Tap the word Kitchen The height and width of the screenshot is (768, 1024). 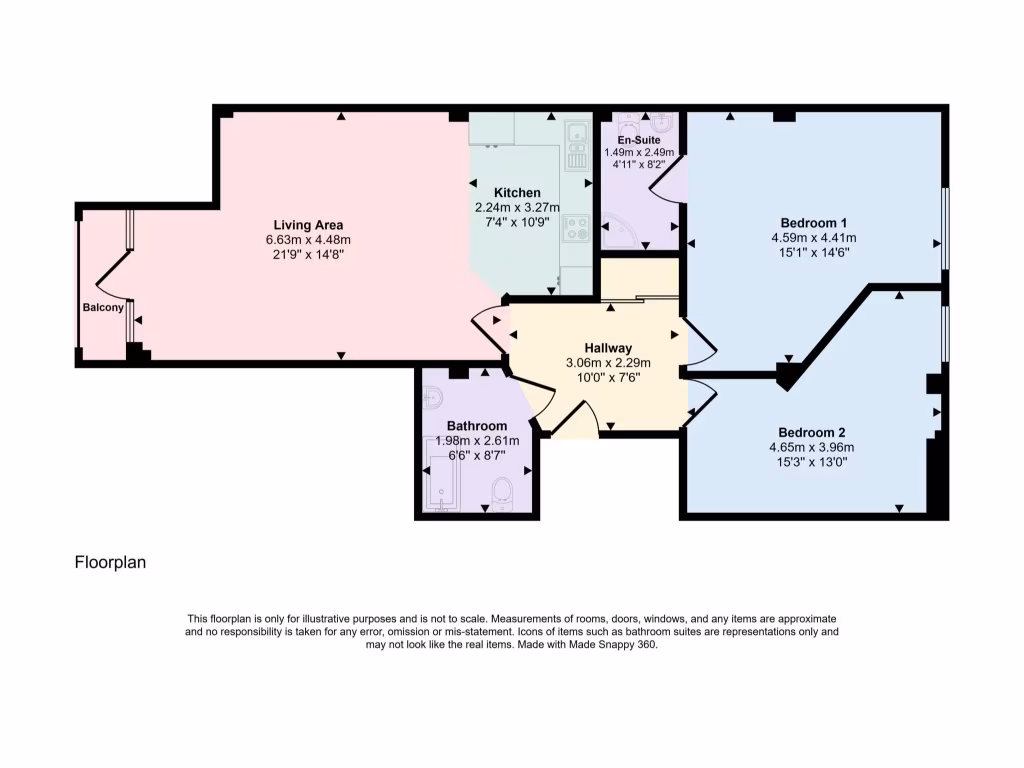517,193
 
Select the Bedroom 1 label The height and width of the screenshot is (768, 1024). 814,222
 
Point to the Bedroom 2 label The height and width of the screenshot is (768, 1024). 812,433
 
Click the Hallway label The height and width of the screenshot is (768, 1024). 608,347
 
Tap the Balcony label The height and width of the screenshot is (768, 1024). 103,308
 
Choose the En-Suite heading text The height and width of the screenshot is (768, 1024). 639,140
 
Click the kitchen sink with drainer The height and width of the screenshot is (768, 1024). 577,146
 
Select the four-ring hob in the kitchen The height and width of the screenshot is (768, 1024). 576,230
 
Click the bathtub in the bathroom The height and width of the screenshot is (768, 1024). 441,483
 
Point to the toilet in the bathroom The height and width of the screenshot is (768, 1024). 502,491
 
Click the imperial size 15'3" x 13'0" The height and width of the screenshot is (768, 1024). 812,463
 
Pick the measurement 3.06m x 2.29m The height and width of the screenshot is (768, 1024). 608,362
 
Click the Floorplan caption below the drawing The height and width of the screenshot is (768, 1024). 110,563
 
